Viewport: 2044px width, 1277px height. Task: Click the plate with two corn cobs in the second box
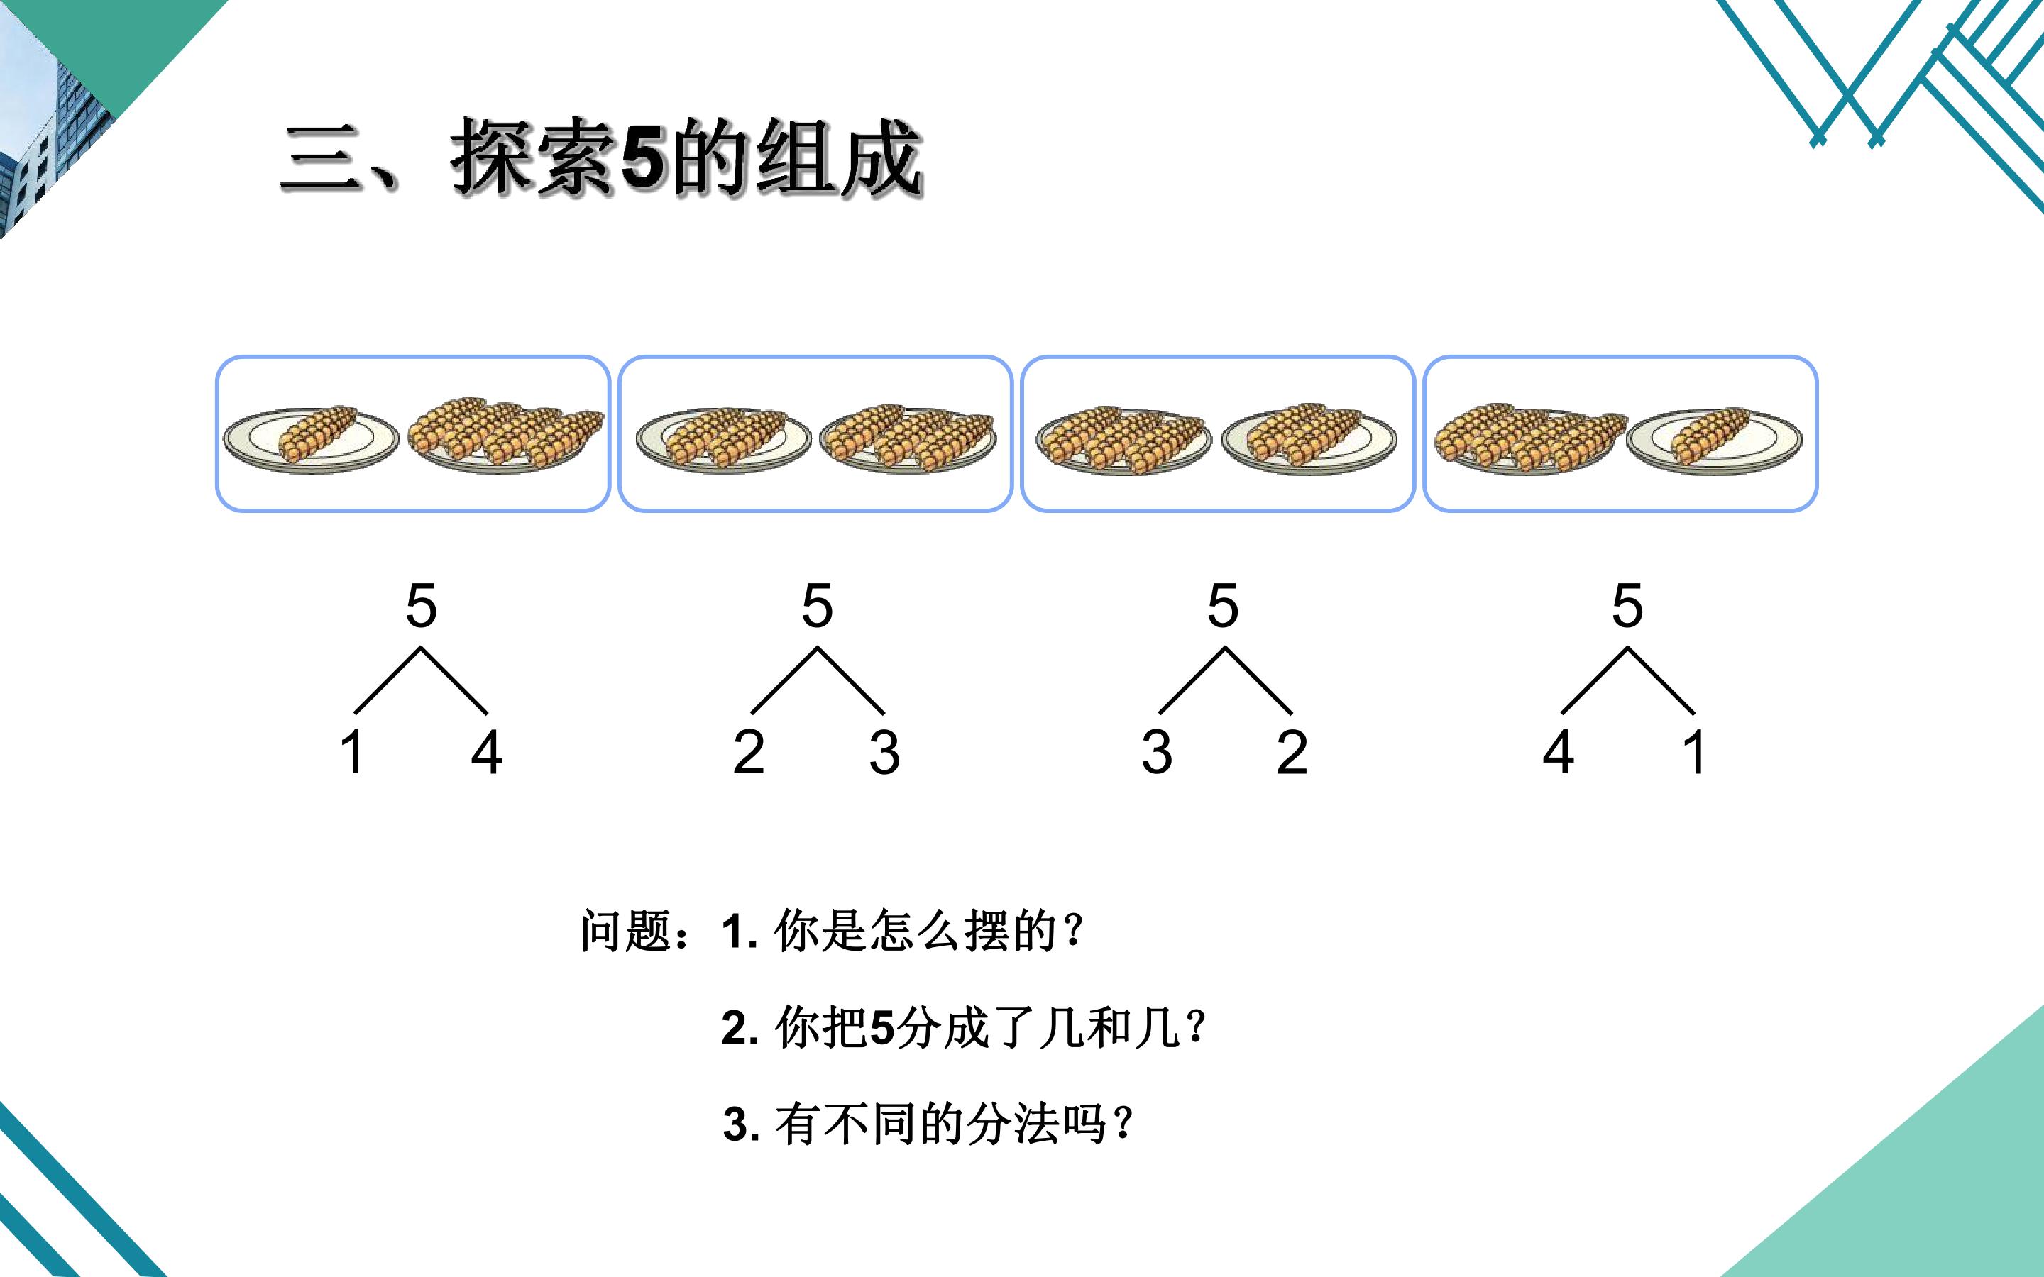click(x=723, y=439)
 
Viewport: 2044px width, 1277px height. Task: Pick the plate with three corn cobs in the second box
click(x=908, y=438)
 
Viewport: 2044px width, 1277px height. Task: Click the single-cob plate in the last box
click(x=1715, y=440)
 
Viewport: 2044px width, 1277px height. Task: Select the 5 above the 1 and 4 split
click(x=422, y=606)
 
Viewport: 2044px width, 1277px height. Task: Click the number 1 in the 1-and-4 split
click(x=353, y=752)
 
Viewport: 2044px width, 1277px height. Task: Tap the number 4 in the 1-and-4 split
click(x=486, y=752)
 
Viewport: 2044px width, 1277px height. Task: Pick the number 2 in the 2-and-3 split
click(x=748, y=752)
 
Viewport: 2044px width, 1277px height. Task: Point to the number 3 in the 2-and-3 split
click(x=884, y=752)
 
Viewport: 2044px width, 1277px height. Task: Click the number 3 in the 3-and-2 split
click(x=1157, y=752)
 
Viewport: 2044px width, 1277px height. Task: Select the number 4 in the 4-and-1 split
click(x=1559, y=752)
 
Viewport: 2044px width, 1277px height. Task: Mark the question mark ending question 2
click(x=1195, y=1027)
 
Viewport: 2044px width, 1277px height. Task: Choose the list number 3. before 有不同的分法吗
click(x=743, y=1124)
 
